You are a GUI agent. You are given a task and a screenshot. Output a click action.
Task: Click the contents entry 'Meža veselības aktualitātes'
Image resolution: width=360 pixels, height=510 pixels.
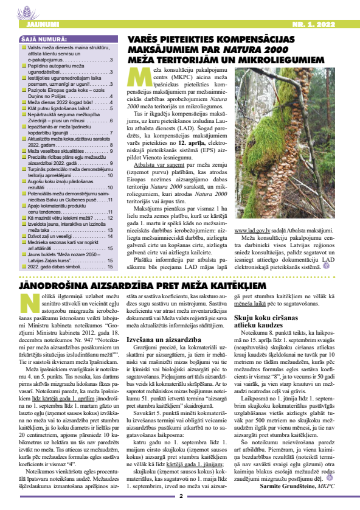coord(57,150)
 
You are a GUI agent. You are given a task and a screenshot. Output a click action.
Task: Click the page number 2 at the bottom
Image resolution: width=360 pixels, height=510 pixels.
coord(180,497)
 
